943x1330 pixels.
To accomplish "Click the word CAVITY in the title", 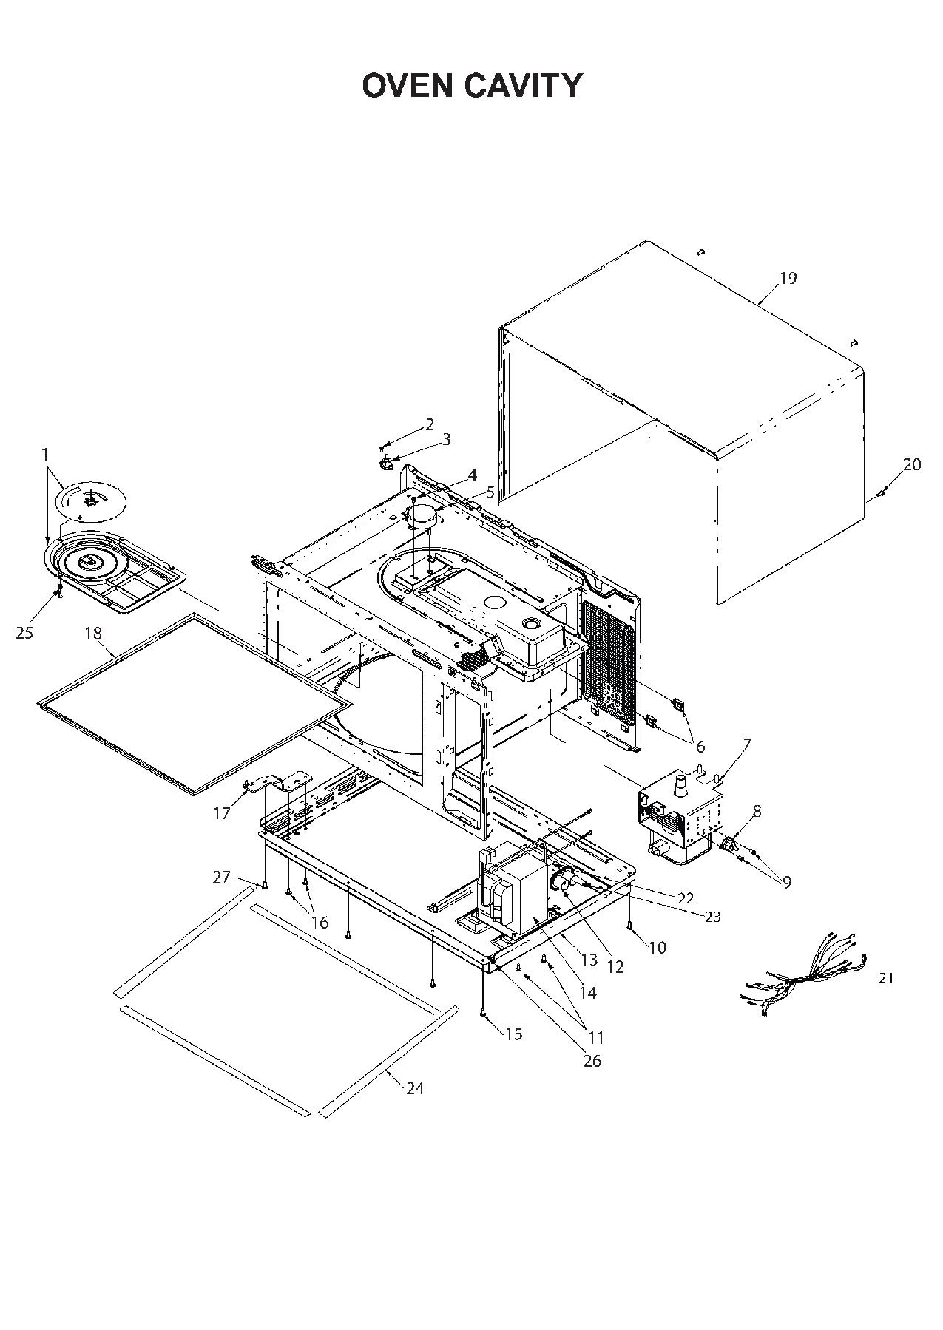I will click(524, 86).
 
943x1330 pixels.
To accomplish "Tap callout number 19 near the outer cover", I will click(788, 278).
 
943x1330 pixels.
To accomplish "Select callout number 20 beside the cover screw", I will click(912, 464).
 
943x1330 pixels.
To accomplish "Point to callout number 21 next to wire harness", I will click(886, 978).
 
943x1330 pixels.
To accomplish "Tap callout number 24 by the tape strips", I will click(415, 1088).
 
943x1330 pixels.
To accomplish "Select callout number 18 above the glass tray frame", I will click(93, 633).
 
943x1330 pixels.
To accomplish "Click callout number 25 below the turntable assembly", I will click(24, 633).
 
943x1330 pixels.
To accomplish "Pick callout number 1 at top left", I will click(44, 453).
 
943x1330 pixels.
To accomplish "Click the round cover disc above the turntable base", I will click(91, 501).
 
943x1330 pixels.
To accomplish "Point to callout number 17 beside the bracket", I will click(222, 813).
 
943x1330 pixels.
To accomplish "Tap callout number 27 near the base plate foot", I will click(222, 877).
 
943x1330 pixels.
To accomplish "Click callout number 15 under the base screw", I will click(513, 1034).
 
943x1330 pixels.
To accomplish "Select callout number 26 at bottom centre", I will click(592, 1061).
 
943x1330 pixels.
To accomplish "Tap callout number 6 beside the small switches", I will click(699, 747).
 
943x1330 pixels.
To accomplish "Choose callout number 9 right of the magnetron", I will click(786, 881).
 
